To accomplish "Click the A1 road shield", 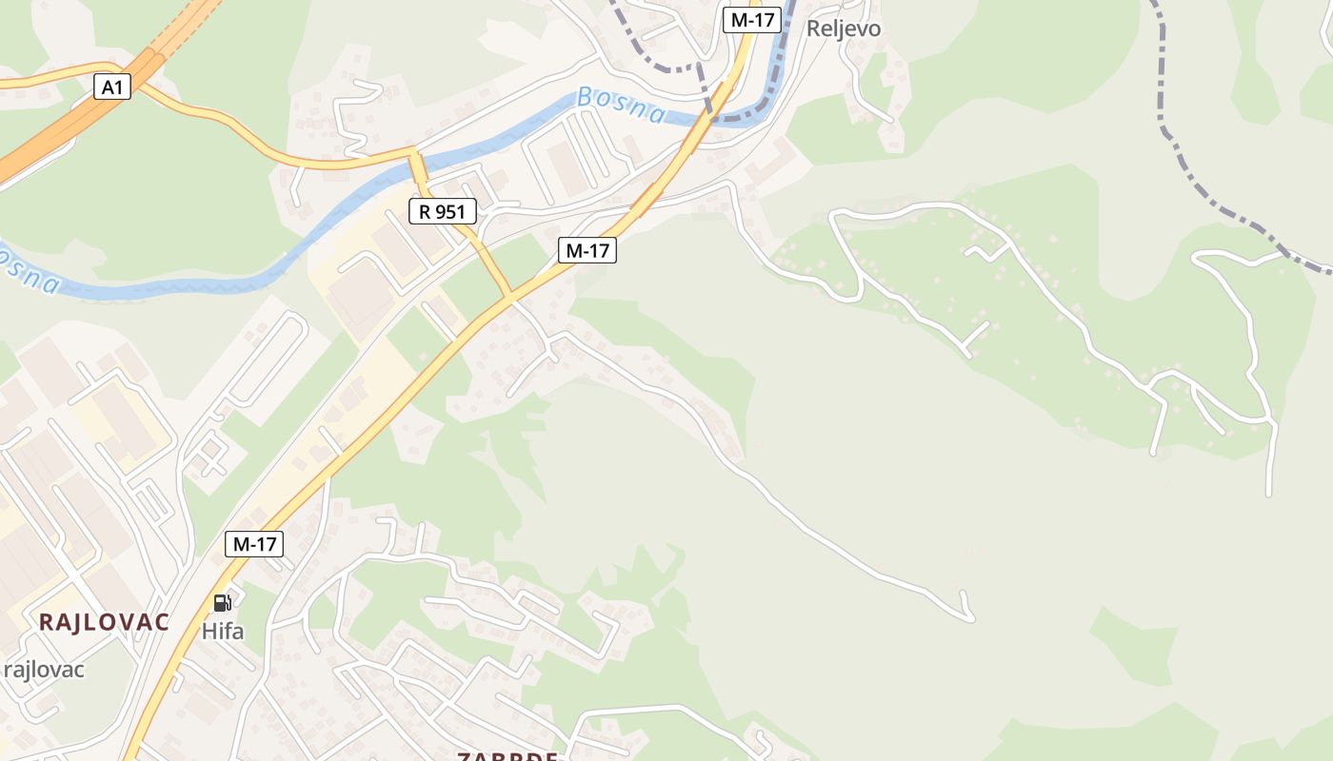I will (x=112, y=88).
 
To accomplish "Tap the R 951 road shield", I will (x=442, y=211).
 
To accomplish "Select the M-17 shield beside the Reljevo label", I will (x=752, y=20).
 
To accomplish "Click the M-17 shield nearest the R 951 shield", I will (x=587, y=250).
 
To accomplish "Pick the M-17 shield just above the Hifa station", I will (x=254, y=544).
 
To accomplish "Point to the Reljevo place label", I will (x=844, y=29).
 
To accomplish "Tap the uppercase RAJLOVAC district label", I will (x=104, y=622).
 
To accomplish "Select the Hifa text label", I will (x=223, y=631).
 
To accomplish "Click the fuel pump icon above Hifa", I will (x=222, y=602).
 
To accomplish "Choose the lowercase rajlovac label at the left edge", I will (x=44, y=670).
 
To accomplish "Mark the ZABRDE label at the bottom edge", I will (x=507, y=756).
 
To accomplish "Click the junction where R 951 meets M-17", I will (x=510, y=297).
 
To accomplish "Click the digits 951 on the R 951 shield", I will (x=451, y=211).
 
